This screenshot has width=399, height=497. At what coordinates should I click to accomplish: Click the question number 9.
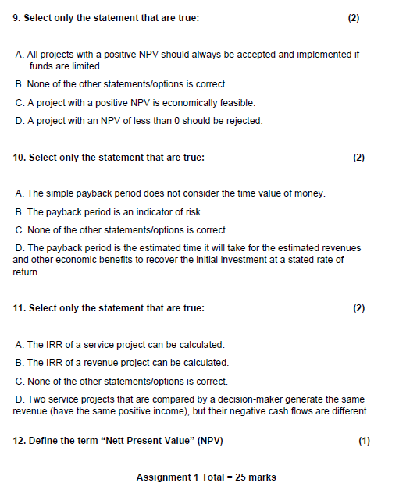[17, 17]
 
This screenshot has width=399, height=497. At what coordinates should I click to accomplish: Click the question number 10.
[20, 158]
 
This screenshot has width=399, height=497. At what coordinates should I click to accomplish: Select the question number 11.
[20, 308]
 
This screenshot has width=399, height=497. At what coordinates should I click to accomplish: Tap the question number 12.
[20, 441]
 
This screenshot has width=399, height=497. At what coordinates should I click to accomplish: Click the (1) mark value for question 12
[364, 441]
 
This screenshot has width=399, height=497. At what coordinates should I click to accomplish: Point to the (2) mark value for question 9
[353, 17]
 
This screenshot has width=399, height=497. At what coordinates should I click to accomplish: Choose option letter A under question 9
[19, 55]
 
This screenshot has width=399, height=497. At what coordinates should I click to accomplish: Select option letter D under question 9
[19, 121]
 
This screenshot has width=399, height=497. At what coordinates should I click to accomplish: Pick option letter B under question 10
[19, 211]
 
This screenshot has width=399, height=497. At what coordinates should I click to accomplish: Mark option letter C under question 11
[19, 382]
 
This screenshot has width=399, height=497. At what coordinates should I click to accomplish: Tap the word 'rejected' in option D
[244, 121]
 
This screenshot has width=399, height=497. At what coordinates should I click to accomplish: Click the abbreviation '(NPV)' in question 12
[210, 441]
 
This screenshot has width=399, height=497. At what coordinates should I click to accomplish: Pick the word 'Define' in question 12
[42, 441]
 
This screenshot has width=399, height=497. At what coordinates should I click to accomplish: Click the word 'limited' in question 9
[87, 66]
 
